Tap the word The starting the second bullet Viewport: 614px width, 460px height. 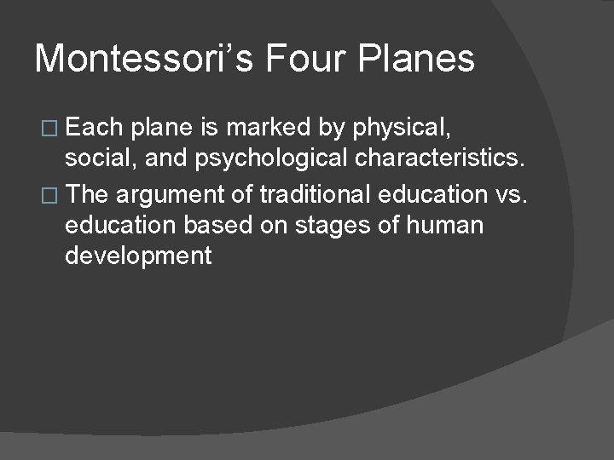(x=88, y=194)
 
